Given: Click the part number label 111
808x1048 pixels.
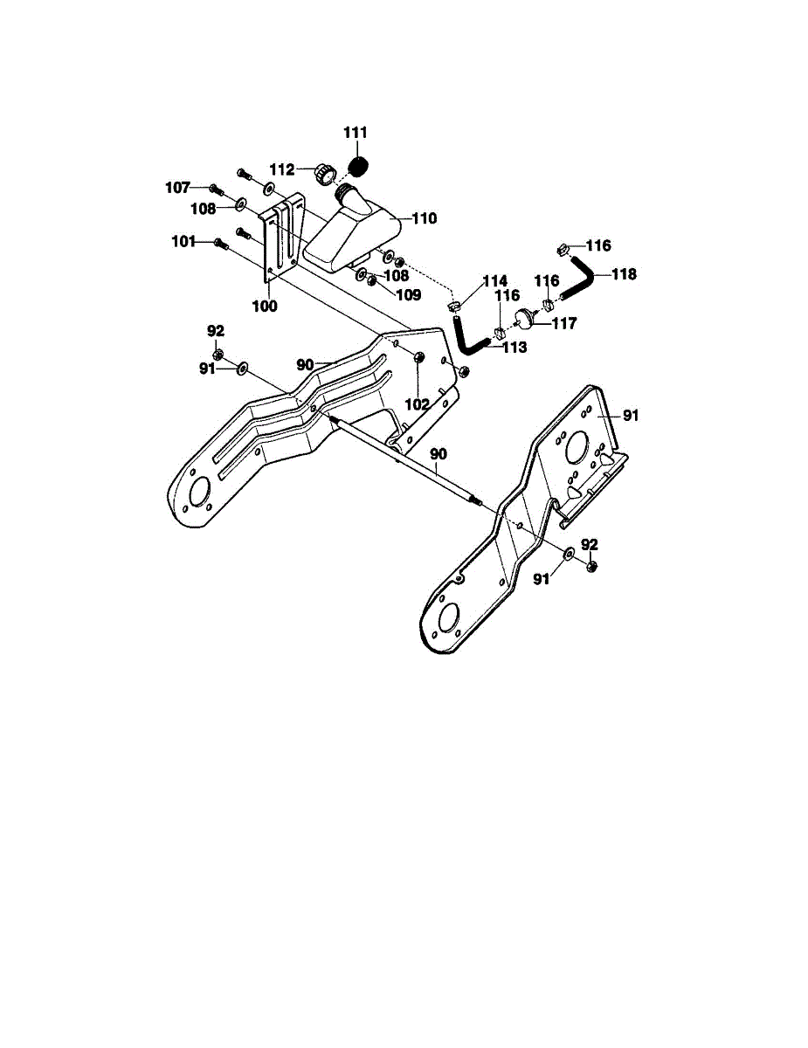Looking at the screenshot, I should (356, 132).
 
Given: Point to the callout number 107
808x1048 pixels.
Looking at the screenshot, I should (178, 187).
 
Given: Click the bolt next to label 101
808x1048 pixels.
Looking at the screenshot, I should (220, 244).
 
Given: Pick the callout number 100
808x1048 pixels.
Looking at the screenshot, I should (265, 307).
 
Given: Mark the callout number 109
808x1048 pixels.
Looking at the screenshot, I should (408, 294).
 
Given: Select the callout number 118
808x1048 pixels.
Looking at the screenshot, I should (624, 273).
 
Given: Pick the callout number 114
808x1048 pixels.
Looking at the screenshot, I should (494, 280).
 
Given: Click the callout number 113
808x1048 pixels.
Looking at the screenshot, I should (514, 347).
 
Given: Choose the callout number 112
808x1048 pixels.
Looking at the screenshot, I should (281, 169).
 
